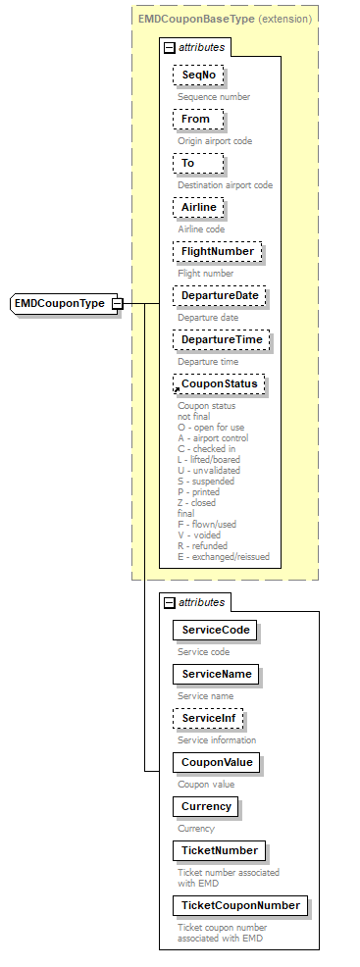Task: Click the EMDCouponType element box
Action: coord(59,304)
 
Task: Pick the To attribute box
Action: coord(187,164)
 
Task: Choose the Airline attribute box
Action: coord(199,208)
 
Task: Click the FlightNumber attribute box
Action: coord(217,252)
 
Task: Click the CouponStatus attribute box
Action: coord(220,384)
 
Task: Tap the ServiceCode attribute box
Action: coord(214,630)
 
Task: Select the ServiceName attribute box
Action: coord(215,674)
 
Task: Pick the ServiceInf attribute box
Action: coord(208,718)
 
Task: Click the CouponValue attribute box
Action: coord(215,762)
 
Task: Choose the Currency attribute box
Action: coord(206,806)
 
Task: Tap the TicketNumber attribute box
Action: coord(218,850)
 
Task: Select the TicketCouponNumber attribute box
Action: coord(239,904)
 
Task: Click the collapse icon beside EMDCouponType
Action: coord(117,304)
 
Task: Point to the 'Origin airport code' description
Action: coord(215,141)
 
